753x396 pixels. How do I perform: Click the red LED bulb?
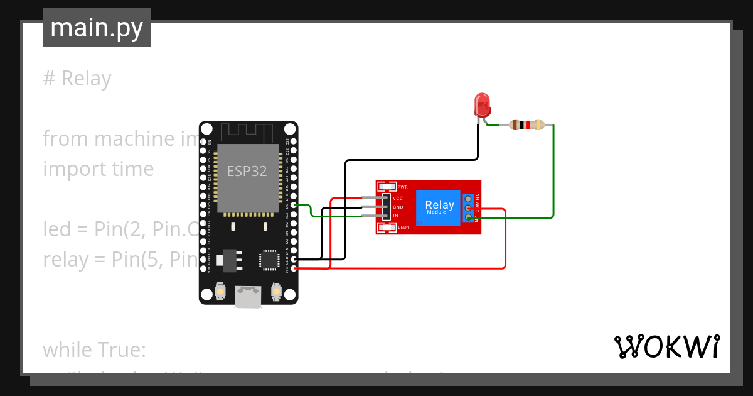pyautogui.click(x=482, y=104)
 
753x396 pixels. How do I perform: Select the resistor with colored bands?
pyautogui.click(x=526, y=125)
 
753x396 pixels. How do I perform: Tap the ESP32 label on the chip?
pyautogui.click(x=247, y=172)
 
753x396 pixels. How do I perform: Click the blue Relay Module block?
pyautogui.click(x=439, y=207)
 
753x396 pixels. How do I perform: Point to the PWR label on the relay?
pyautogui.click(x=402, y=187)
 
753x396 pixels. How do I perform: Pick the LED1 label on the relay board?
pyautogui.click(x=403, y=227)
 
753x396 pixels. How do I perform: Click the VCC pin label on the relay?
pyautogui.click(x=398, y=198)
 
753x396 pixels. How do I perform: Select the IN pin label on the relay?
pyautogui.click(x=395, y=216)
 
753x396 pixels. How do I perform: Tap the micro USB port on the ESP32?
pyautogui.click(x=248, y=297)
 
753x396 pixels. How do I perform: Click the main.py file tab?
pyautogui.click(x=97, y=28)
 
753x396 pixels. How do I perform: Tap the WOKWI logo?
pyautogui.click(x=666, y=346)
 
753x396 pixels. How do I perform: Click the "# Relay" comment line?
pyautogui.click(x=77, y=79)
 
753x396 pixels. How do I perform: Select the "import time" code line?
pyautogui.click(x=99, y=168)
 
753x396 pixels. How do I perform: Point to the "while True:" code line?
pyautogui.click(x=94, y=349)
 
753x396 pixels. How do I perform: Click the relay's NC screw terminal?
pyautogui.click(x=469, y=199)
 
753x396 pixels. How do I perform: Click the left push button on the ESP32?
pyautogui.click(x=220, y=291)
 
